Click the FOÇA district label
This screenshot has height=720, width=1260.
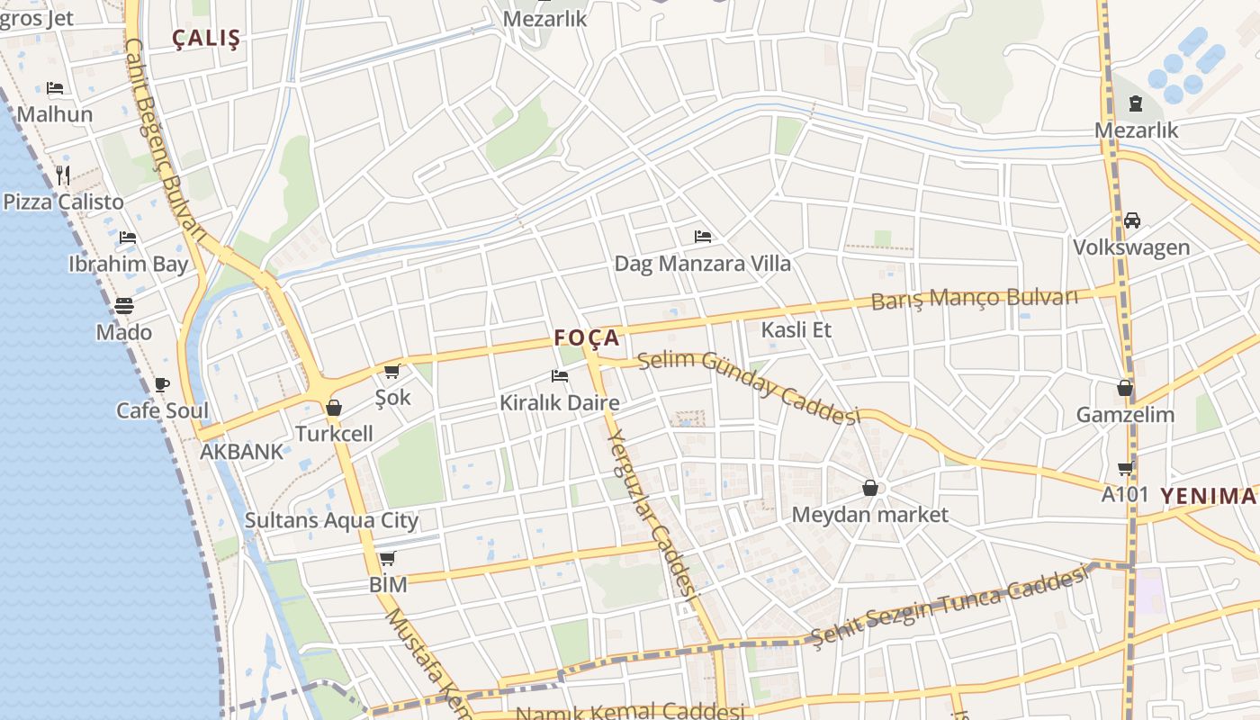587,337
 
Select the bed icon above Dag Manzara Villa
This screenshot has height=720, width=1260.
703,237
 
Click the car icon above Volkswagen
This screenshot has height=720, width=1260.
1131,220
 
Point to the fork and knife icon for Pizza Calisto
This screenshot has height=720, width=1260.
63,175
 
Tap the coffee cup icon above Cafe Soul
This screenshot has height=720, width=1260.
162,385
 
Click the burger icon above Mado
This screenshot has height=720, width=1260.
124,306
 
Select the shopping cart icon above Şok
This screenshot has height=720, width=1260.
391,371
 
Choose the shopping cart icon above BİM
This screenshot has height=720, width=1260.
388,559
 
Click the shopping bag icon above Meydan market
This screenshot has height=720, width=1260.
870,488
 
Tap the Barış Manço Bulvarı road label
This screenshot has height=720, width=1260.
974,298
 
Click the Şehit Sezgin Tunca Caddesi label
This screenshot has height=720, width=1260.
949,607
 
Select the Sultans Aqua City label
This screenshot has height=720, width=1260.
331,520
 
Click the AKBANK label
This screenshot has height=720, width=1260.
241,452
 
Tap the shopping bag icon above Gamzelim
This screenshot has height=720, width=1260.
1125,389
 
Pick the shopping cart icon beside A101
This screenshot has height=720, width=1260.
1125,468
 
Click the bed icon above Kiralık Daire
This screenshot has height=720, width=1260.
560,376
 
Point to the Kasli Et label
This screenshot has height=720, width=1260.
796,329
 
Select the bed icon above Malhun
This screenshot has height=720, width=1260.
55,88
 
